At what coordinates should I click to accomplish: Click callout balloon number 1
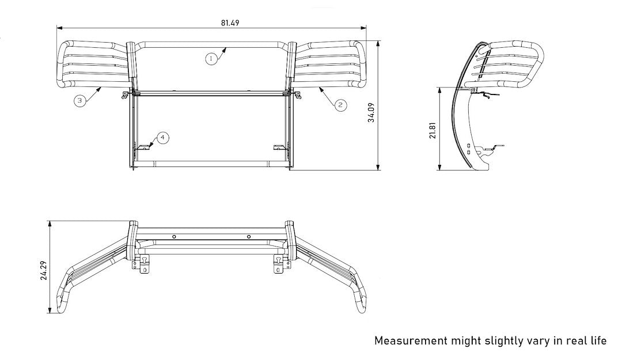pos(211,58)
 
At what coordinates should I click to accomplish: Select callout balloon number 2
pos(340,104)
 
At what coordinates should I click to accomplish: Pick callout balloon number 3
pos(80,100)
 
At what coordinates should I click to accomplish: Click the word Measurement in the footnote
pos(411,340)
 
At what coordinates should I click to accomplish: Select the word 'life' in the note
pos(597,340)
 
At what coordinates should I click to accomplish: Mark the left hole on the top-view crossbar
pos(173,236)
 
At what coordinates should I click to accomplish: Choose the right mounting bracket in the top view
pos(280,264)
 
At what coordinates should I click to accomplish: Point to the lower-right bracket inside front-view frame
pos(280,147)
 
